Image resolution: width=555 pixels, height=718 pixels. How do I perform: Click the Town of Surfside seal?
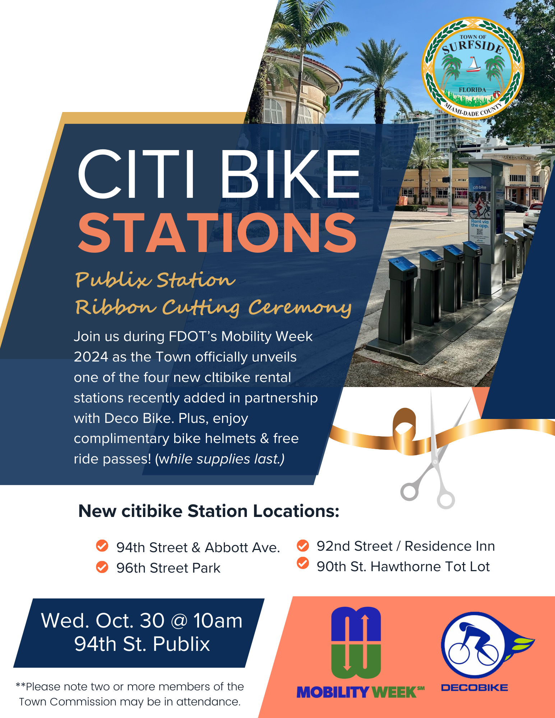coord(473,69)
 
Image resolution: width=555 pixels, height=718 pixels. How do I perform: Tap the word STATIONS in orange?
coord(217,233)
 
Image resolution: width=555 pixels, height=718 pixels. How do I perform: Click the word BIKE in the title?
coord(290,174)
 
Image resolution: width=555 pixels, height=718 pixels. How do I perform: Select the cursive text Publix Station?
coord(155,280)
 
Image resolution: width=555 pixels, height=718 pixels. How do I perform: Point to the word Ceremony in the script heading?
coord(300,308)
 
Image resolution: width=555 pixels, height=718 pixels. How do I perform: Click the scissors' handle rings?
coord(427,495)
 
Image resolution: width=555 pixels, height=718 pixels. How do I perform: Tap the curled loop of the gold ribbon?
coord(405,429)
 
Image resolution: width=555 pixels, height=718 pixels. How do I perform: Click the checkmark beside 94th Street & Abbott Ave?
coord(102,546)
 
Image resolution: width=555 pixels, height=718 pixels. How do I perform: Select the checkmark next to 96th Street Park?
coord(102,567)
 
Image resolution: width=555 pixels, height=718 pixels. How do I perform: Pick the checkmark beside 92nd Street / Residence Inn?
coord(303,546)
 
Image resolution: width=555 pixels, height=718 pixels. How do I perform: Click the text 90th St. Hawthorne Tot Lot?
coord(403,567)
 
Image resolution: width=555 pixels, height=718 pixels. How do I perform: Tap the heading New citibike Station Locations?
coord(209,511)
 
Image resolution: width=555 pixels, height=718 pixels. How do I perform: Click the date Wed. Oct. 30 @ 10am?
coord(142,621)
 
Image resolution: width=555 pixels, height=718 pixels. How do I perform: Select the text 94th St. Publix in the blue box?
coord(142,644)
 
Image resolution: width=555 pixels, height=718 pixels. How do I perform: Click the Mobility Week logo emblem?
coord(356,643)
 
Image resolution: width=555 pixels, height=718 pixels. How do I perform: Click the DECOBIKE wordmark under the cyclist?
coord(475,688)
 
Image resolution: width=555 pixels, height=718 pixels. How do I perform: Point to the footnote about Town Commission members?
coord(130,694)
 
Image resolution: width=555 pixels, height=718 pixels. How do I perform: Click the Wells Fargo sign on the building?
coord(517,158)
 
